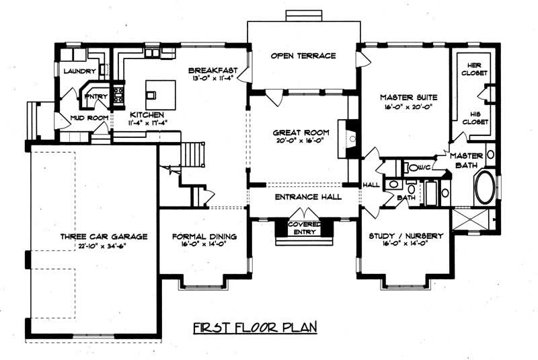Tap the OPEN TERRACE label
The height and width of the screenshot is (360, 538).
tap(303, 56)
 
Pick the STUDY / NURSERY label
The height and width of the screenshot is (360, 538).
tap(406, 236)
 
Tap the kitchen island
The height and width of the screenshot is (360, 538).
tap(161, 90)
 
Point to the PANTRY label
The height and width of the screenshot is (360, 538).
tap(92, 96)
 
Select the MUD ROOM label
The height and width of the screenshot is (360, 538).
tap(89, 119)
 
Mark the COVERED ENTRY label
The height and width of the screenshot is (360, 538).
tap(304, 227)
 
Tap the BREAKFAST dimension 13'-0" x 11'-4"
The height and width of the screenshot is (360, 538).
tap(210, 79)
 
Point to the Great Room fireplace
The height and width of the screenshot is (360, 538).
tap(350, 138)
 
